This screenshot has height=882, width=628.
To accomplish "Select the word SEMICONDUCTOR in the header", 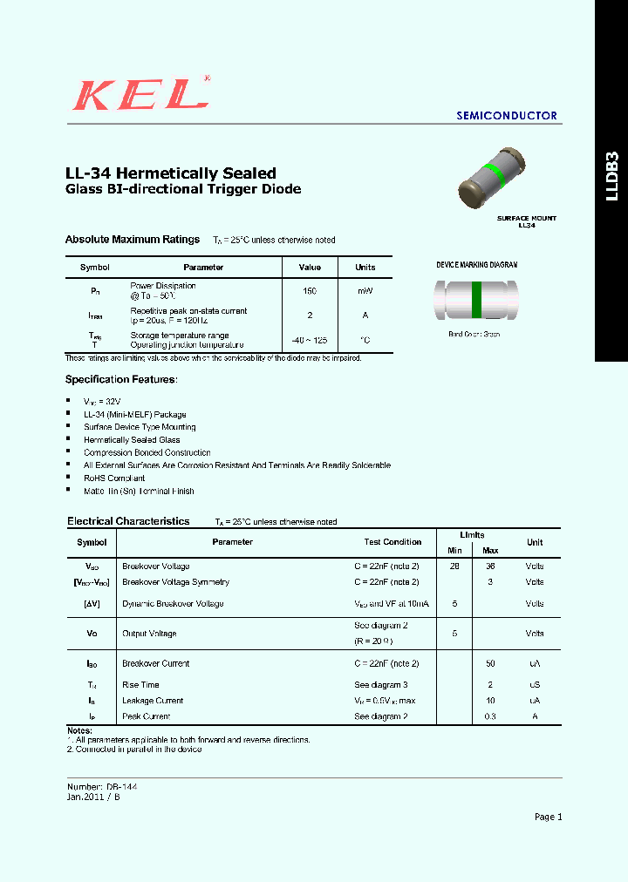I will coord(507,115).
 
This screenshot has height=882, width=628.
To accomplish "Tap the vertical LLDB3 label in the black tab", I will coord(611,176).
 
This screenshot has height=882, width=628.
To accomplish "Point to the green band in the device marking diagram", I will coord(476,300).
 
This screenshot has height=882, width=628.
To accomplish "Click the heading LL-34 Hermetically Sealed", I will coord(171,173).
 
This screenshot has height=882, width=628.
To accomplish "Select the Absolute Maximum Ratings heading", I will coord(133,240).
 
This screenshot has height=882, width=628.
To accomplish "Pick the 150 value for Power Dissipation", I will coord(310,291).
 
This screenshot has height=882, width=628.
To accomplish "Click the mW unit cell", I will coord(365,291).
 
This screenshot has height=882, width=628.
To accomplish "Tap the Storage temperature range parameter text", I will coord(180,335).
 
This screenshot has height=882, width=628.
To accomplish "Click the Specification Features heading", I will coord(121,379).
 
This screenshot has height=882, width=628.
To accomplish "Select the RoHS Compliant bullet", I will coord(114,478).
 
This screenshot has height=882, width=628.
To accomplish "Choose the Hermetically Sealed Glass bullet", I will coord(132,440).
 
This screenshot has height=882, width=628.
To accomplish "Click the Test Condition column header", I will coord(392,542).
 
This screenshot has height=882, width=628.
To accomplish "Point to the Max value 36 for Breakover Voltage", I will coord(490,566).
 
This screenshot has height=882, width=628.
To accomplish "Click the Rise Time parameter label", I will coord(140,685).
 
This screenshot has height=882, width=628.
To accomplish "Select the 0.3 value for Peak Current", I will coord(490,716).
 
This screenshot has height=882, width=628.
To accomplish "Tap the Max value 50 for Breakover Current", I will coord(490,663).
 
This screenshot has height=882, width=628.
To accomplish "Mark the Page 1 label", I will coord(548,817).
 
